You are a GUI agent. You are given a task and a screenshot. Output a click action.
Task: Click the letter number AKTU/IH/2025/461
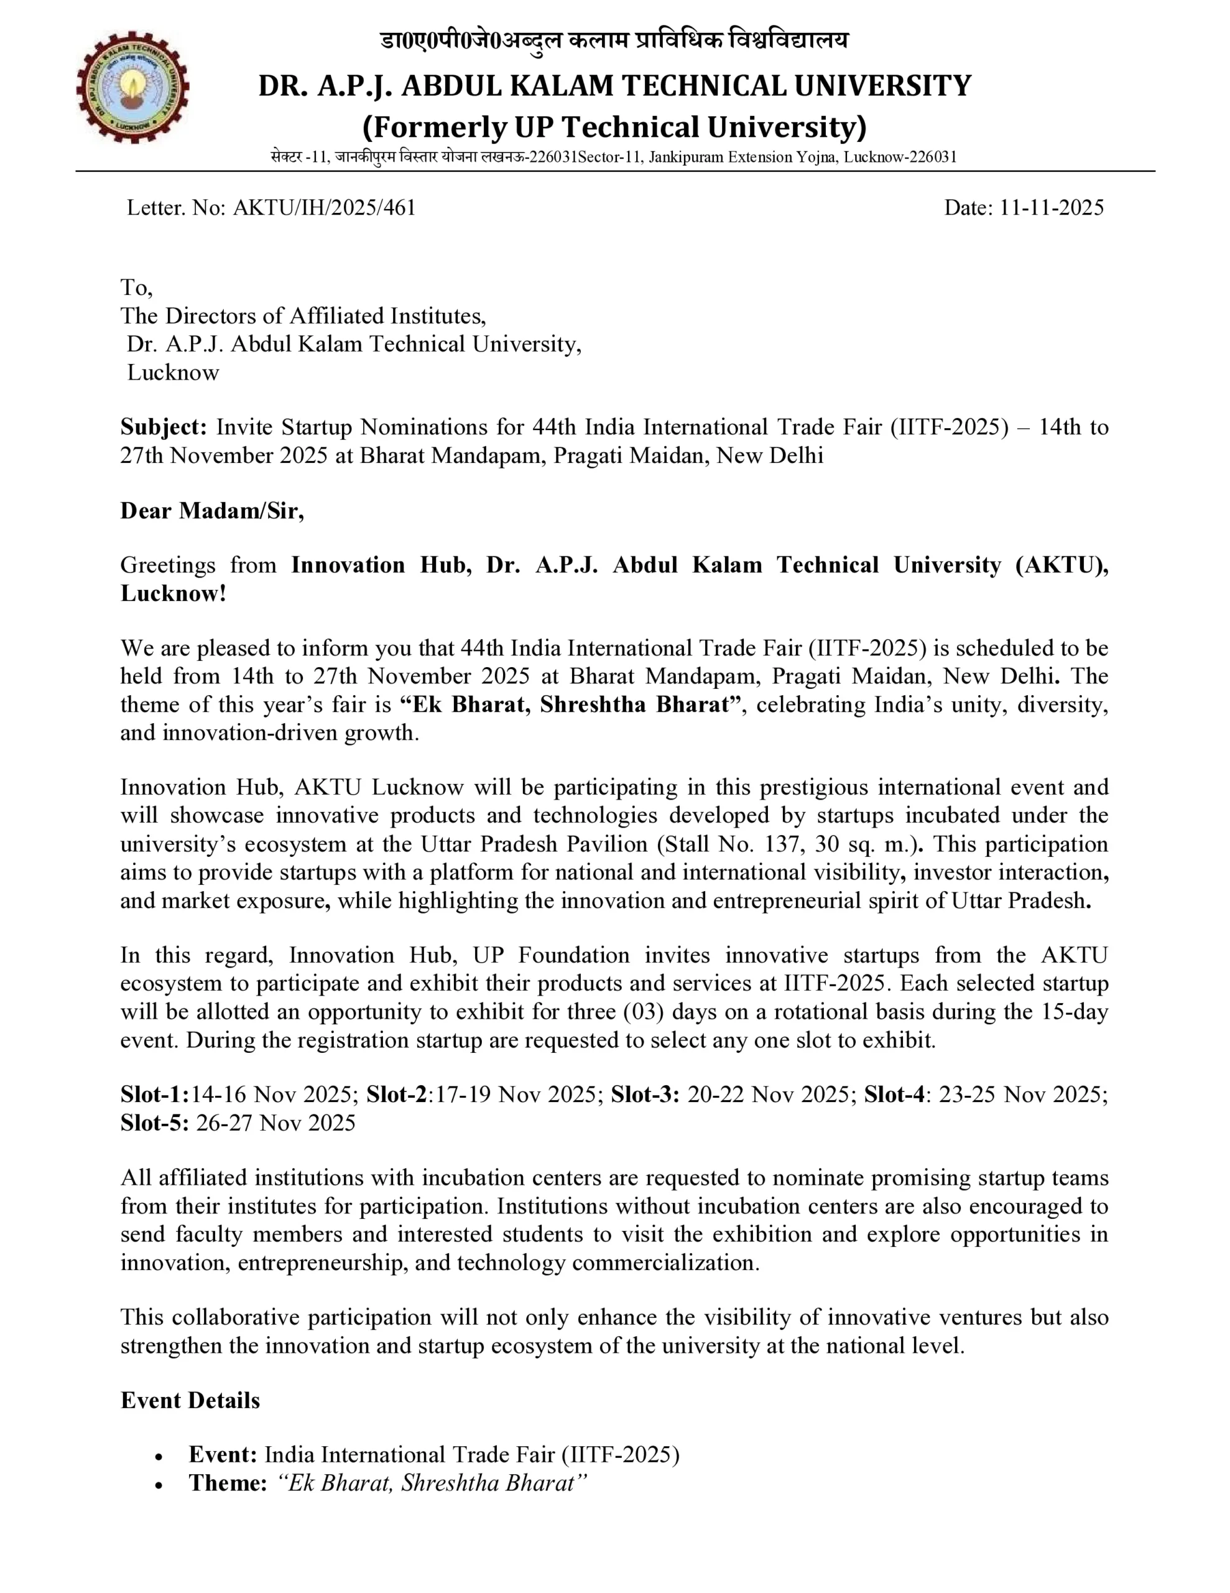coord(324,208)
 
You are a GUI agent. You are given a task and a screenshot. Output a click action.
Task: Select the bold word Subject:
coord(164,427)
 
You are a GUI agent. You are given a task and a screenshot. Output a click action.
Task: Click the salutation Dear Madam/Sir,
coord(212,511)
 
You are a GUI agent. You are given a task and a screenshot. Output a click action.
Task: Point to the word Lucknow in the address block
coord(173,373)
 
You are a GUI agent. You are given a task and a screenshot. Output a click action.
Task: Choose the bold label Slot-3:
coord(644,1095)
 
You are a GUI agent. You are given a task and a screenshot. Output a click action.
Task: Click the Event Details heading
coord(190,1401)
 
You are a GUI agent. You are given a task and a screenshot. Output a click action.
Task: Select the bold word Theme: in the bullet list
coord(228,1483)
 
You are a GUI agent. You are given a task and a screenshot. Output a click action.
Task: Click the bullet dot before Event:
coord(159,1457)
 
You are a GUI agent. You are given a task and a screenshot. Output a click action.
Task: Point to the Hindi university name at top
coord(614,40)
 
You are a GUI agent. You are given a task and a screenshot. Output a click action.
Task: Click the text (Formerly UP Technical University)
coord(614,128)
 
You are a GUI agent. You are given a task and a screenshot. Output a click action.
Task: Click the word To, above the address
coord(136,287)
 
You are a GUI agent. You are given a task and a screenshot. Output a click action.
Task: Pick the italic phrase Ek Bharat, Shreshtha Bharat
coord(432,1483)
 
